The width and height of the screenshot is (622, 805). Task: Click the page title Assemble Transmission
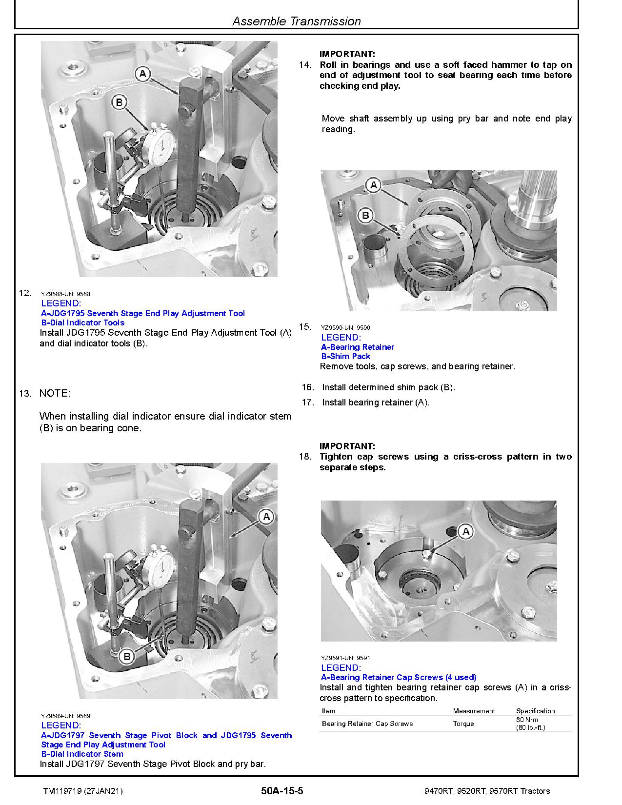click(x=296, y=21)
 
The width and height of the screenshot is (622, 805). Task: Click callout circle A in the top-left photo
click(x=142, y=74)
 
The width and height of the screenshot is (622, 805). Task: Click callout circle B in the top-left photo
click(x=119, y=102)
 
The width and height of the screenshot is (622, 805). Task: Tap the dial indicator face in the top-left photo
click(x=159, y=145)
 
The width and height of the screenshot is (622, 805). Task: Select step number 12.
click(x=25, y=293)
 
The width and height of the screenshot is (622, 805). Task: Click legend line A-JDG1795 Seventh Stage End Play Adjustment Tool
click(x=143, y=313)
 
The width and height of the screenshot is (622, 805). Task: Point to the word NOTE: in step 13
click(x=55, y=393)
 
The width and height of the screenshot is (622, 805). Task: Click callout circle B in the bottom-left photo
click(x=127, y=656)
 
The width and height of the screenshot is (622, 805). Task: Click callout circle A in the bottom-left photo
click(x=266, y=517)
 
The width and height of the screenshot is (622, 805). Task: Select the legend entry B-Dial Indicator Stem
click(x=82, y=754)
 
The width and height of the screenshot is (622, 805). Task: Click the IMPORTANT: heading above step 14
click(x=347, y=54)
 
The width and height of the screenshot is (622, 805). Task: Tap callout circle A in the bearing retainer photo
click(x=374, y=185)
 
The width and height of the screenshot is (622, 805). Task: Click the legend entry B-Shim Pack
click(x=345, y=356)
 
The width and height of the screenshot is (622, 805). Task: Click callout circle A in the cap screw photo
click(x=465, y=531)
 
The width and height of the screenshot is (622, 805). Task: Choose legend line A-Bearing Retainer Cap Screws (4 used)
click(x=399, y=677)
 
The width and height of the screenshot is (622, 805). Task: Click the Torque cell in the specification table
click(x=463, y=724)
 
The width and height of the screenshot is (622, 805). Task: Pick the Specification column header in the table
click(x=535, y=711)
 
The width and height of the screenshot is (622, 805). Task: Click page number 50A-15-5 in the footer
click(x=282, y=791)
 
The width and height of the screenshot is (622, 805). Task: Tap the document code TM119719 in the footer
click(x=59, y=791)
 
